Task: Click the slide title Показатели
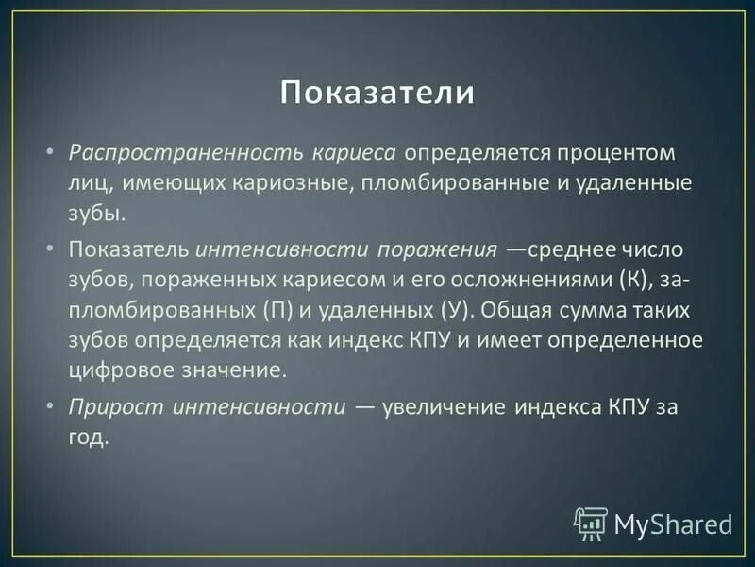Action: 377,94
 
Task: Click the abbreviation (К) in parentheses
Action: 634,281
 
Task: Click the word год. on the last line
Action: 90,438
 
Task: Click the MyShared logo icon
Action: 591,523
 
